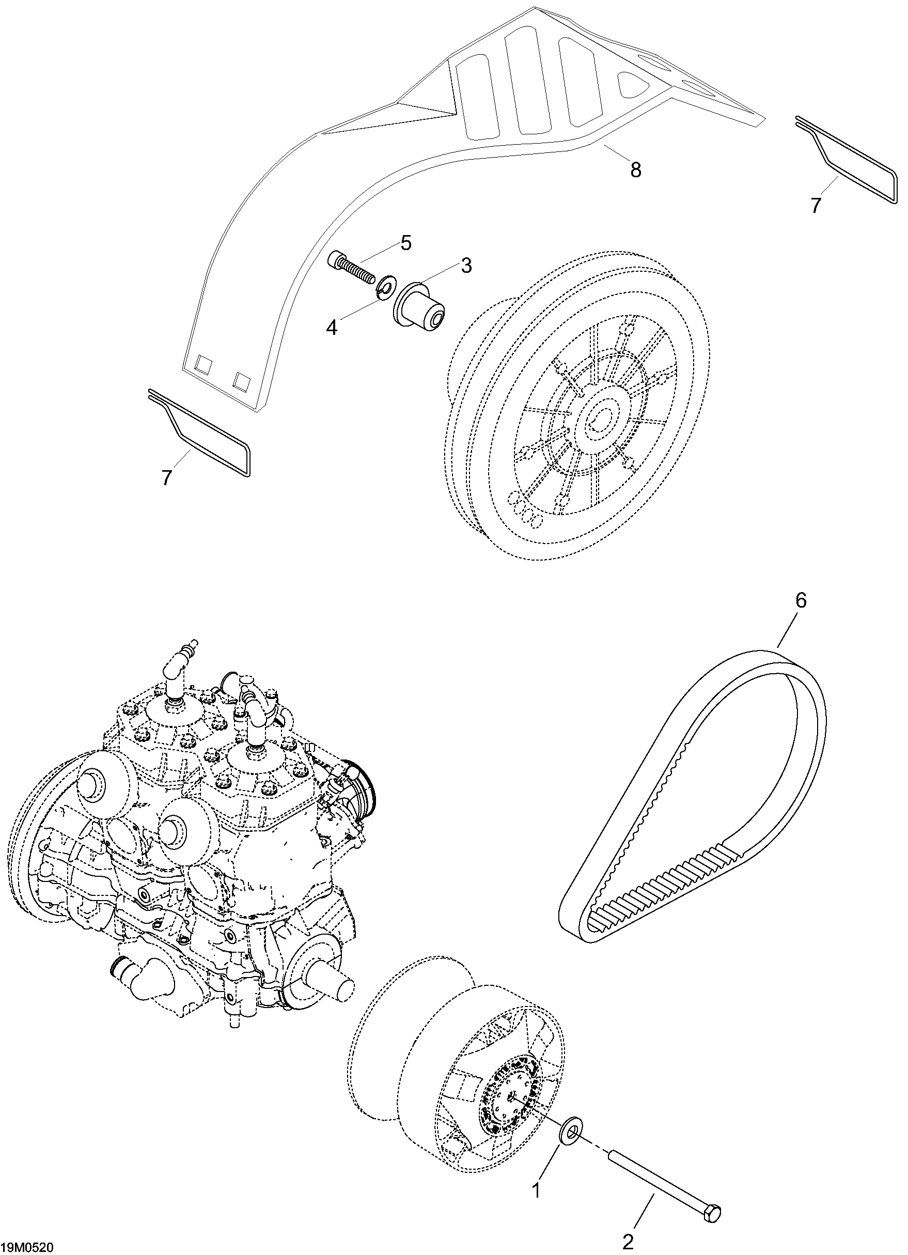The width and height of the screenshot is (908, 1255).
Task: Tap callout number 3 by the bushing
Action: pyautogui.click(x=466, y=266)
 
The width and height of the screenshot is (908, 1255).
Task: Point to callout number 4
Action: pyautogui.click(x=332, y=328)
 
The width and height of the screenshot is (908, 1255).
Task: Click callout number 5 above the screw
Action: pyautogui.click(x=406, y=243)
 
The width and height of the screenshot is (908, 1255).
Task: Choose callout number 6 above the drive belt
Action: pyautogui.click(x=801, y=601)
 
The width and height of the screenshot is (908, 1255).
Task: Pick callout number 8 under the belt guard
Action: pyautogui.click(x=636, y=169)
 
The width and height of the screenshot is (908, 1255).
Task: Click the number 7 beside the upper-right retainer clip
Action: pyautogui.click(x=816, y=205)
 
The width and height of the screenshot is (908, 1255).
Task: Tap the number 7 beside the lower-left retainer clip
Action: pyautogui.click(x=166, y=477)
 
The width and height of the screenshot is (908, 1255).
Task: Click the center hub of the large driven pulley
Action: pyautogui.click(x=600, y=415)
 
